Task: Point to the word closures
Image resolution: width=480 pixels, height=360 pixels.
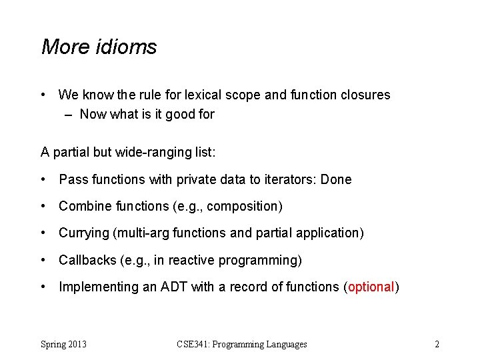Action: (365, 95)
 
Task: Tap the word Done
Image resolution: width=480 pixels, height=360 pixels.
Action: (336, 179)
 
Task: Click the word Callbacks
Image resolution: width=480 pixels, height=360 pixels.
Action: (87, 260)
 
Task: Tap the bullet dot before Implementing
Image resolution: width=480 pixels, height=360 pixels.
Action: (43, 287)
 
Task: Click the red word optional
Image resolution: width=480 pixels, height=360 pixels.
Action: (371, 287)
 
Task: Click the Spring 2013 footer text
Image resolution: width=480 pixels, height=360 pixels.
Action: (63, 344)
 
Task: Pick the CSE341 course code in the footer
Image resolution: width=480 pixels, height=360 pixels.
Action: (193, 344)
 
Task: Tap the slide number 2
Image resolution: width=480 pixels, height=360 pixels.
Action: (437, 344)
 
